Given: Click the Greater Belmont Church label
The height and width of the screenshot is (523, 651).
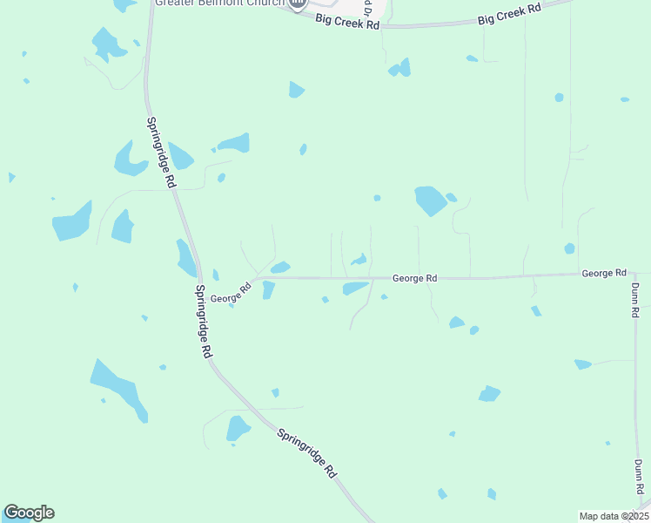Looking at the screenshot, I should (x=219, y=3).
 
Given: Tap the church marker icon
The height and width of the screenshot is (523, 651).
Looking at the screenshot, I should (x=298, y=4).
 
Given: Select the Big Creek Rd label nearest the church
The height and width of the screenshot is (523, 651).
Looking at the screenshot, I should (x=348, y=22).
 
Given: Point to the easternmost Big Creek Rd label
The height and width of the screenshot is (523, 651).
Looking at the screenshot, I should (x=510, y=14).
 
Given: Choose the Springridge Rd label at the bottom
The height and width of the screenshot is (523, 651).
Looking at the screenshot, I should (x=306, y=452).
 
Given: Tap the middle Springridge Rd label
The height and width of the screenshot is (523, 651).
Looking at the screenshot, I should (x=204, y=321).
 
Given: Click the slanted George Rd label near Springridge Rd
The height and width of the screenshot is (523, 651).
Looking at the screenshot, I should (x=231, y=292).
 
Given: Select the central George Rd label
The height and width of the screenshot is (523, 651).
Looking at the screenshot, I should (x=414, y=278).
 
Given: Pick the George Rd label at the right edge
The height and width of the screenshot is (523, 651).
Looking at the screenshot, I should (x=604, y=273).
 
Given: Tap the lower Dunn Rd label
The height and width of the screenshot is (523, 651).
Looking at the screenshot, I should (x=639, y=478).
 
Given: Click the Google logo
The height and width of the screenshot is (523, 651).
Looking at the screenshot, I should (x=29, y=513).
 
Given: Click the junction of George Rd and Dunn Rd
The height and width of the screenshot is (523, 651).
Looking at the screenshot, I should (x=634, y=274).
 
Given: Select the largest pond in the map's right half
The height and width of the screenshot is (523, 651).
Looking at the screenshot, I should (x=430, y=200).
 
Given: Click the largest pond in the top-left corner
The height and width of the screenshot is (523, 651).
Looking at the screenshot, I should (x=106, y=44).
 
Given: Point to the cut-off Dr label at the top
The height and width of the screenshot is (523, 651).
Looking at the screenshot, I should (x=370, y=10).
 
